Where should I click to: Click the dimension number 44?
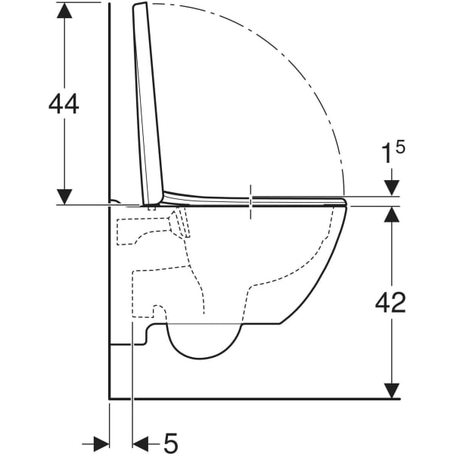coord(64,104)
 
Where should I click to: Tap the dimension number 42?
coord(390,302)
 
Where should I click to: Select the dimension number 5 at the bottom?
coord(170,443)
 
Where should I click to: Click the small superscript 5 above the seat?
coord(400,147)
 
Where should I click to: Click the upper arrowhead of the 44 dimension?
coord(64,11)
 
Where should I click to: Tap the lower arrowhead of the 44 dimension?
coord(64,197)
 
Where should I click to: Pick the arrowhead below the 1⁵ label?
coord(392,188)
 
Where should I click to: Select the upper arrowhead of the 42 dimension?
coord(392,215)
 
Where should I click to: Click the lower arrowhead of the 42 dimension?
coord(392,391)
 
